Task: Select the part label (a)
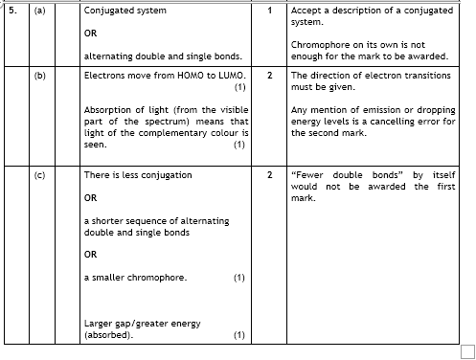40,11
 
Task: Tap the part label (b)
40,74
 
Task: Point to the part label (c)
40,175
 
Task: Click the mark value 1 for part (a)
271,11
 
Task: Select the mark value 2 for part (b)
271,74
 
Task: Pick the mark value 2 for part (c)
271,175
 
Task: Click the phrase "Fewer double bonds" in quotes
342,175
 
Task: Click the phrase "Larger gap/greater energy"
143,323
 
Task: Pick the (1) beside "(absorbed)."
239,335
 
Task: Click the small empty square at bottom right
467,351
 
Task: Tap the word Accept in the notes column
306,11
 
